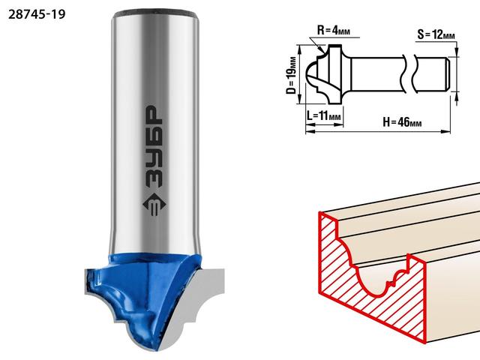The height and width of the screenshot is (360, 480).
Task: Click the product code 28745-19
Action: (x=37, y=14)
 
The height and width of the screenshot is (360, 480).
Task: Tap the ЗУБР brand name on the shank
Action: (x=154, y=147)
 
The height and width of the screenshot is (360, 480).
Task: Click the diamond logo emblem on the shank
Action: (x=154, y=205)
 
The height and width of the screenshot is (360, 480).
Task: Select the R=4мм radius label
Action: (x=333, y=30)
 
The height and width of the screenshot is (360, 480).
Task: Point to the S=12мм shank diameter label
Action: (x=436, y=34)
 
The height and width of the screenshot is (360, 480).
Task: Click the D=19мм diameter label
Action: (x=292, y=75)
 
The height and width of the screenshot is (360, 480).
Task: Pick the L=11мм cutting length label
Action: (x=324, y=115)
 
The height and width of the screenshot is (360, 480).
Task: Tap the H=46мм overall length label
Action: (x=402, y=122)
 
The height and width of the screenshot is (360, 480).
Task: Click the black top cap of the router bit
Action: (x=155, y=14)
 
